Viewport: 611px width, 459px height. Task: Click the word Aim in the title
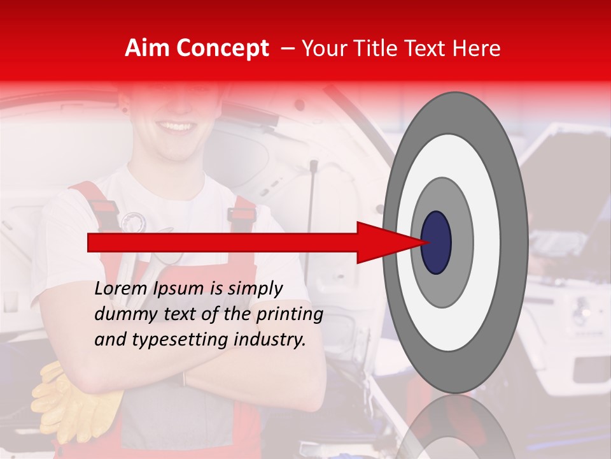point(147,48)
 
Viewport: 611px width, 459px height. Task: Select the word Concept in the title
point(222,48)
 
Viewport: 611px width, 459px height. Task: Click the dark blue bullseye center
point(436,242)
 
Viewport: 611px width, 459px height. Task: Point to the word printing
point(290,315)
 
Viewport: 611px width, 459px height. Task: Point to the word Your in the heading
point(321,48)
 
